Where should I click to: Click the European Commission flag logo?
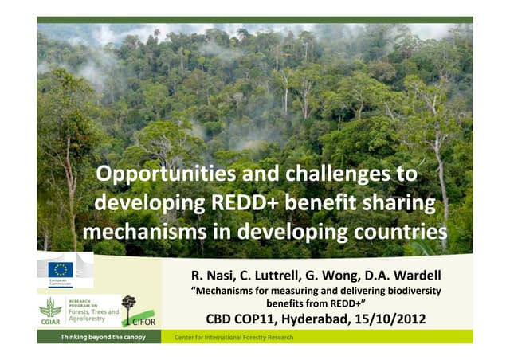61,269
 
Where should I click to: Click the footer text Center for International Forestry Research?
233,338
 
